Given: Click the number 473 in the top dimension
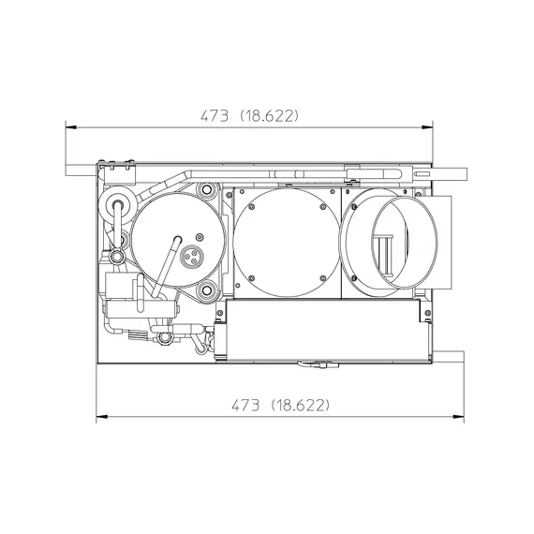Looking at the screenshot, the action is tap(215, 116).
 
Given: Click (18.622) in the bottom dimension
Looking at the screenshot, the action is tap(301, 406).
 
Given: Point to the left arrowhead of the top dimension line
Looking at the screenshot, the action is tap(70, 127).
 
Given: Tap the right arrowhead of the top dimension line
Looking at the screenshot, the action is tap(427, 127).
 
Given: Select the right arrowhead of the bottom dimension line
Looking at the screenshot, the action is tap(458, 417).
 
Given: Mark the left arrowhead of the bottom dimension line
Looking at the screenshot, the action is tap(102, 417).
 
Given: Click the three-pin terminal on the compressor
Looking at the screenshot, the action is tap(191, 256).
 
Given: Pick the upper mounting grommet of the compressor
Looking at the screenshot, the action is tap(206, 189).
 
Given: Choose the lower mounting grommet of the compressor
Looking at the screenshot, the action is tap(206, 290).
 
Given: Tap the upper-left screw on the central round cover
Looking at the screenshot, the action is tap(252, 207).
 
